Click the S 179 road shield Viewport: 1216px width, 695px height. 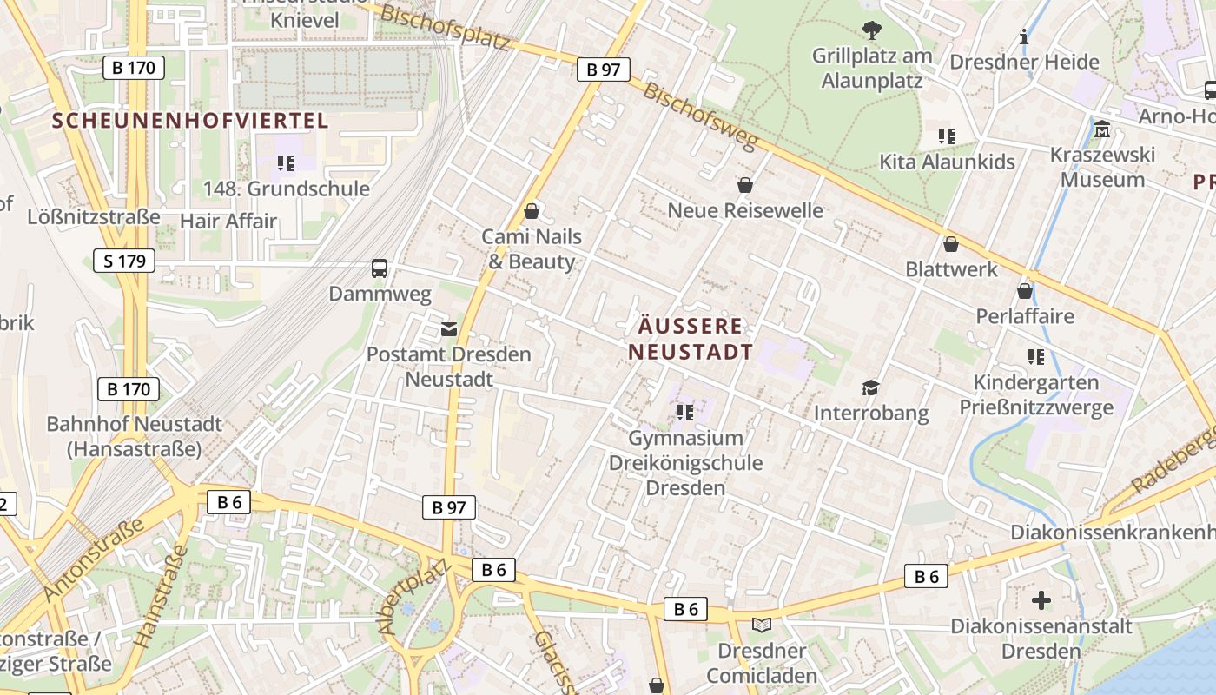click(124, 261)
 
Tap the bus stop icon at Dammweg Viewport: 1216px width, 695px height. click(380, 268)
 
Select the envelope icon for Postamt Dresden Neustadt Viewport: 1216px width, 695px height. click(448, 328)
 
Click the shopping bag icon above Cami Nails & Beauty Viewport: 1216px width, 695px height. click(532, 211)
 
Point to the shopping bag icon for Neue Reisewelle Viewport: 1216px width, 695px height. click(744, 184)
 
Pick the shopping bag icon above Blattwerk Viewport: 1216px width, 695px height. click(951, 244)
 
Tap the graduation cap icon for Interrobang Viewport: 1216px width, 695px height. click(870, 387)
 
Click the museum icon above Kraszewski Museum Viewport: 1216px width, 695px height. click(1102, 129)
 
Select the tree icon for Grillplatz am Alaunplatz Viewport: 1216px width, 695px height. click(871, 31)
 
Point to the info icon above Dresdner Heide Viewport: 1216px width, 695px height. click(1025, 36)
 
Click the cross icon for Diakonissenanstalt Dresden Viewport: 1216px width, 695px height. click(1041, 599)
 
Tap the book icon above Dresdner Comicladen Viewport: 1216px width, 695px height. click(762, 625)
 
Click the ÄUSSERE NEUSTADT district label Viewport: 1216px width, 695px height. click(691, 339)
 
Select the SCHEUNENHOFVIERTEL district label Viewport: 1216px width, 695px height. click(190, 121)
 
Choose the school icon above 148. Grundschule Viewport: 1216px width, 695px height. click(286, 162)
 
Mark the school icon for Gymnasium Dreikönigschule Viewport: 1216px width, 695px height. click(685, 412)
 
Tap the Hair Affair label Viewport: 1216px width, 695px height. click(228, 221)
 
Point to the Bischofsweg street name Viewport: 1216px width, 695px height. click(701, 116)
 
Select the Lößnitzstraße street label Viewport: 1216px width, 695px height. click(94, 216)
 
